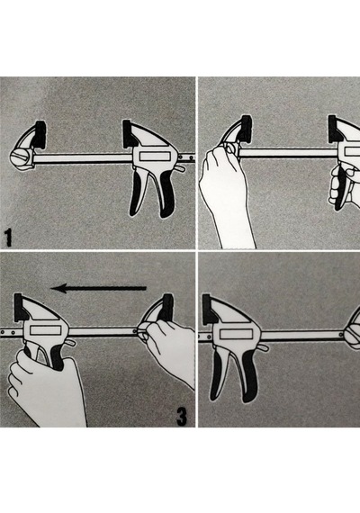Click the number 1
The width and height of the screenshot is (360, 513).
coord(8,238)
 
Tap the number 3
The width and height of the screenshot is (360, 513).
coord(182,416)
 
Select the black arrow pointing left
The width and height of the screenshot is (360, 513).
coord(98,288)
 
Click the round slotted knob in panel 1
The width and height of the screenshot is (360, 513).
coord(21,158)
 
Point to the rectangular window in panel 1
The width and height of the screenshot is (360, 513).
coord(154,157)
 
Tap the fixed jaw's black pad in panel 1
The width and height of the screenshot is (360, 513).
coord(40,135)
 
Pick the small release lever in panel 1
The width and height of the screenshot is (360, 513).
coord(180,169)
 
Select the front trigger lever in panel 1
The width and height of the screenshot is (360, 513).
coord(138,193)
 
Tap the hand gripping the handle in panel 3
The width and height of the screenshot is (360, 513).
coord(46,390)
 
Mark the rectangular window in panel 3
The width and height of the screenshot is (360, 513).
coord(46,331)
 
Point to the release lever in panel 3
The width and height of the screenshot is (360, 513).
coord(71,343)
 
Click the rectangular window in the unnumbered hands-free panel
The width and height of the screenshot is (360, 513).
coord(237,334)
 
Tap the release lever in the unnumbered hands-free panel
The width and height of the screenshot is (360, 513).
coord(263,347)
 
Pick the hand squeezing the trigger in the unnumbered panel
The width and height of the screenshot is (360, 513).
coord(344,186)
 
